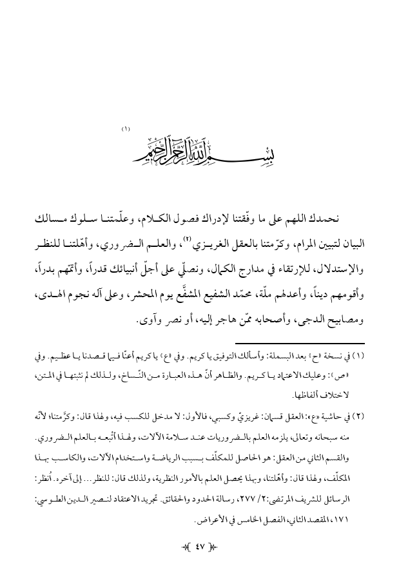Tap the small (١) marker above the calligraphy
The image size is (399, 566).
point(126,130)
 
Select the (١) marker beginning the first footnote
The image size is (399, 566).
point(360,356)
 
